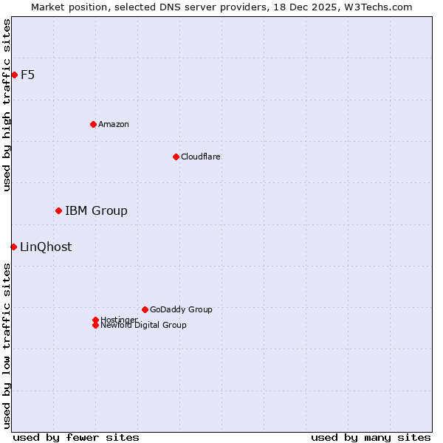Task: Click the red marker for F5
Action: [14, 75]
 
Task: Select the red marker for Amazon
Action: [93, 124]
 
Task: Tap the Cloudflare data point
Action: [176, 157]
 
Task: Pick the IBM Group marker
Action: [58, 211]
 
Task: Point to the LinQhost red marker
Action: [13, 247]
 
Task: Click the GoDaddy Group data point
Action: [145, 309]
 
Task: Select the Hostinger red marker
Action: [95, 320]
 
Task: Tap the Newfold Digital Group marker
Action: [95, 326]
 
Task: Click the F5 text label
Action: [28, 75]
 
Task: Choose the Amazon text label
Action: [114, 124]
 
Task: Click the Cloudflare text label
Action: [201, 157]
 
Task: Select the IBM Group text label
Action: [96, 211]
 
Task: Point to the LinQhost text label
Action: [46, 247]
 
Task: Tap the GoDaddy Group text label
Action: [181, 309]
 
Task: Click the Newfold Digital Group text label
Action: [144, 326]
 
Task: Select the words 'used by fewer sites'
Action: [76, 437]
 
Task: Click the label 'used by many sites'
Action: [371, 437]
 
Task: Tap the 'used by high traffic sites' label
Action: [7, 105]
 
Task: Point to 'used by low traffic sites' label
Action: [7, 346]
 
